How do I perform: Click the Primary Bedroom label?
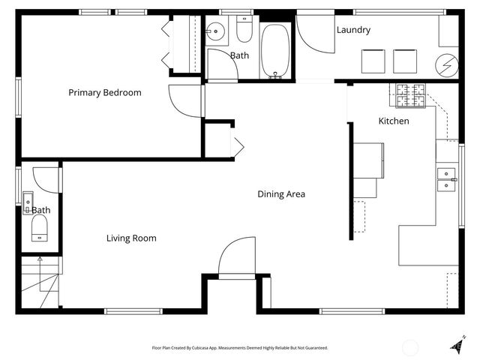click(105, 92)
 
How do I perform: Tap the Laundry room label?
click(353, 30)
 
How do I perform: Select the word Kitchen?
click(394, 121)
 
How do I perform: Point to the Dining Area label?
click(281, 194)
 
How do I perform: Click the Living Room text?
click(131, 238)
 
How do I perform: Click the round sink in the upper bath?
click(215, 31)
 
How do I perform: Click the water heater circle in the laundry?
click(448, 65)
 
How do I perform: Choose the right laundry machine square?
click(405, 60)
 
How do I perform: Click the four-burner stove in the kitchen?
click(410, 94)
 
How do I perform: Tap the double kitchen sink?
click(447, 179)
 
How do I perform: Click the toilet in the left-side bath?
click(40, 228)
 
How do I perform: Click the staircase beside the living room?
click(39, 281)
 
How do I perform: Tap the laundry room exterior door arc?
click(315, 34)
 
